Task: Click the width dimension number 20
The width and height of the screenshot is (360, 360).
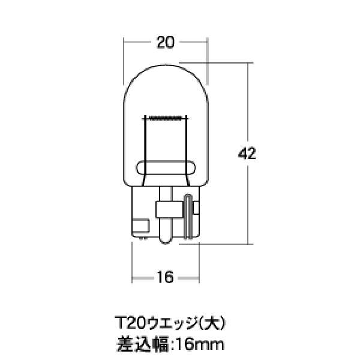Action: pos(165,43)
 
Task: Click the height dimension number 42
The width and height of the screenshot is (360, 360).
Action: pos(247,154)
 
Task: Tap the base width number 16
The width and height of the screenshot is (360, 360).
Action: pos(165,277)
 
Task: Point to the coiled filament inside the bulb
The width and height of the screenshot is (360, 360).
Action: pos(165,116)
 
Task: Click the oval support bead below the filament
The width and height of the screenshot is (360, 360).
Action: pos(165,167)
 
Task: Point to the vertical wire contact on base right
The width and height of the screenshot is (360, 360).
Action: pos(188,217)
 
